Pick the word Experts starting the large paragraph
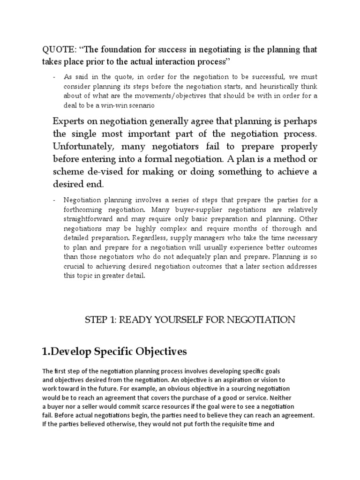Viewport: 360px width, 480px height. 70,121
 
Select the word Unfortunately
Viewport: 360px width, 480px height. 82,147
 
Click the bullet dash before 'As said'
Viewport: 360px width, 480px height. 55,77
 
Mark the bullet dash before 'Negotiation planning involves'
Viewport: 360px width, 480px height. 55,200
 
